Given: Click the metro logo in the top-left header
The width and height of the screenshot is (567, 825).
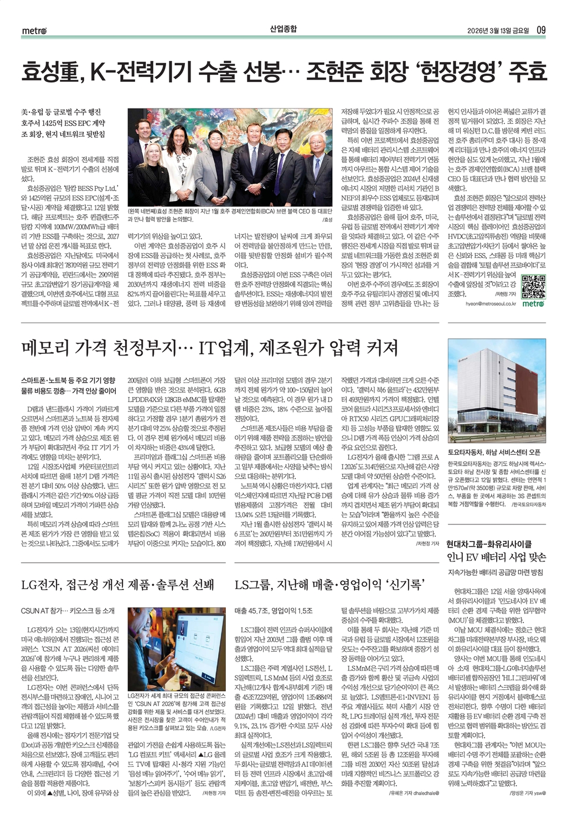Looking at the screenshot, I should pos(35,30).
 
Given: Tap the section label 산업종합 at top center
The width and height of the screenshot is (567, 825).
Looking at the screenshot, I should pos(283,29).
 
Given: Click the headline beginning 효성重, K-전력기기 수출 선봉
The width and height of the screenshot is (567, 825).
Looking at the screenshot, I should pos(283,71).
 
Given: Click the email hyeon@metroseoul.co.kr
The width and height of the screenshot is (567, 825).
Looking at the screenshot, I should pos(491,303).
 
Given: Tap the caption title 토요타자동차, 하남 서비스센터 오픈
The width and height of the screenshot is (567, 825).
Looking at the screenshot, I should pos(494,452).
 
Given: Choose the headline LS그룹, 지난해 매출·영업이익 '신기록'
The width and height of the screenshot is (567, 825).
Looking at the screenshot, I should pos(329,584).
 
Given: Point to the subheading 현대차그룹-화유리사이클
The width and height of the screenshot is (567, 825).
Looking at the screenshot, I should pos(489,544).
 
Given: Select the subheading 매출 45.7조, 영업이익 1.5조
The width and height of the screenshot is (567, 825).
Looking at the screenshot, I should pos(274,610).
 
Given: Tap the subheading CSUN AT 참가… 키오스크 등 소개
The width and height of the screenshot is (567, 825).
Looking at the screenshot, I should pos(68,610).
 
